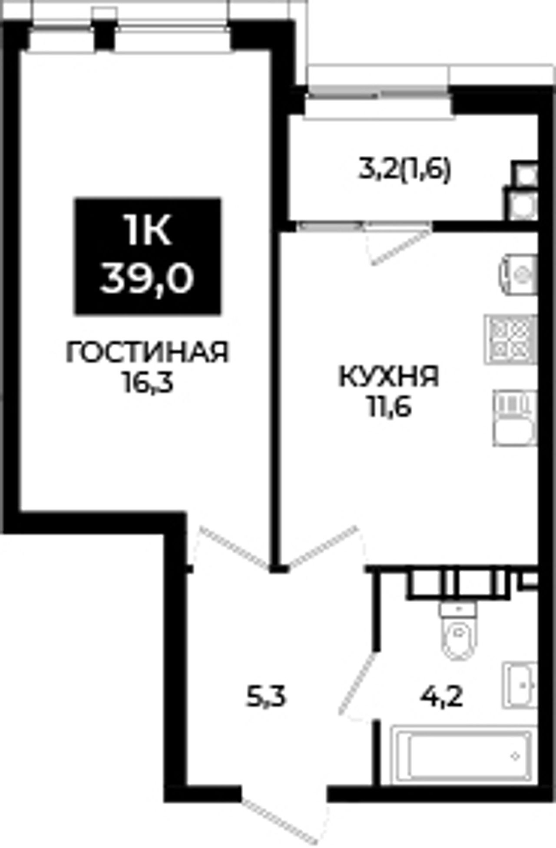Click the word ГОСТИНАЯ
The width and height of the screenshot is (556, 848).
tap(147, 352)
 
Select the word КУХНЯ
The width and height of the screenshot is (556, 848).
tap(389, 376)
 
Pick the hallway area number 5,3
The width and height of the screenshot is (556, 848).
tap(266, 698)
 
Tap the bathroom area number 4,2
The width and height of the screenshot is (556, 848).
tap(441, 697)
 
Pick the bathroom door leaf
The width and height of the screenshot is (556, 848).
tap(357, 684)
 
